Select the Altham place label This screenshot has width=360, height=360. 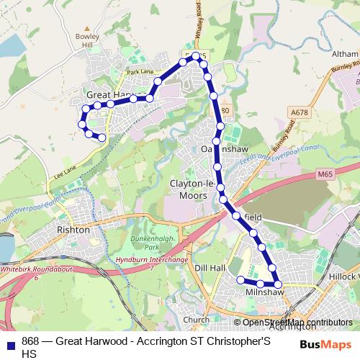pos(343,53)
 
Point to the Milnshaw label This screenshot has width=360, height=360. pos(260,292)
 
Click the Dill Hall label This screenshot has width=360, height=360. pos(210,267)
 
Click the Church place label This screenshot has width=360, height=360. pos(197,320)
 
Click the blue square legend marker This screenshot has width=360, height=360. pos(12,342)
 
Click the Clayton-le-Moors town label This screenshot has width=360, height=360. pos(192,189)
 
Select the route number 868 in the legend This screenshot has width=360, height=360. pos(30,341)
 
